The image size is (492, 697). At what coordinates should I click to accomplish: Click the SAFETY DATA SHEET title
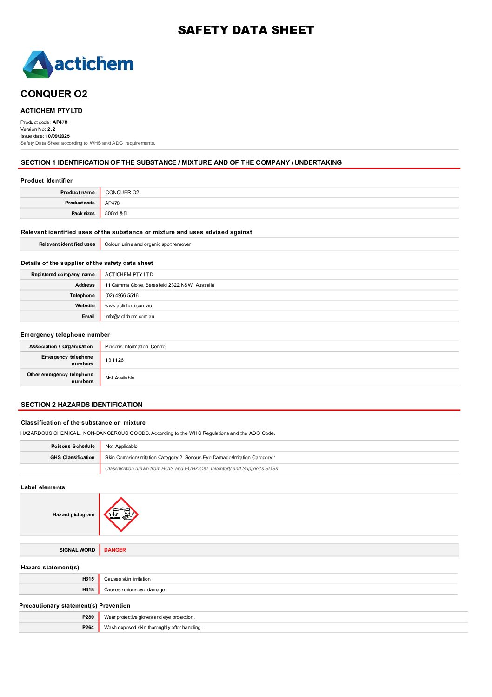[246, 30]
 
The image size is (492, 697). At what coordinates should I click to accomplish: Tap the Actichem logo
[78, 64]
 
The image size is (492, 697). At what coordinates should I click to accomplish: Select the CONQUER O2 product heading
[54, 94]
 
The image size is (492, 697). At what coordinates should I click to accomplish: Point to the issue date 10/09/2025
[57, 136]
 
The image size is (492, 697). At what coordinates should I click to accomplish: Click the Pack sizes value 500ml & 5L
[117, 214]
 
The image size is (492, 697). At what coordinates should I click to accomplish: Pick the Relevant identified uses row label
[67, 244]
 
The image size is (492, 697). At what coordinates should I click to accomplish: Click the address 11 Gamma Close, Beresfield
[160, 285]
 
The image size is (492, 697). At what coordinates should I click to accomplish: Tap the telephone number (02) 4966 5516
[122, 295]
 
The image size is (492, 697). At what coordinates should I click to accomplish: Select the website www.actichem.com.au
[128, 306]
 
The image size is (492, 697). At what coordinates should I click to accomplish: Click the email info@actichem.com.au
[130, 317]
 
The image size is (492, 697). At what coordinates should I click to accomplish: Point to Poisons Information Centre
[135, 347]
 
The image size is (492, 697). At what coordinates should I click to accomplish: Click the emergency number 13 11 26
[114, 360]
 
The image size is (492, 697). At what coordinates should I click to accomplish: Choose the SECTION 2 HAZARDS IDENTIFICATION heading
[82, 405]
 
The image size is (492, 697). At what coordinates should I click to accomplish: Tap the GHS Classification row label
[72, 458]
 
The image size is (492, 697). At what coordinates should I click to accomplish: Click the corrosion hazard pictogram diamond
[121, 514]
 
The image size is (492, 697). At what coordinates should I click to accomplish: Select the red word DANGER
[115, 550]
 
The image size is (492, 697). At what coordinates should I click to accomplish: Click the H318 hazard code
[88, 589]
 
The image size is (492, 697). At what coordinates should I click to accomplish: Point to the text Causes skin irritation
[127, 579]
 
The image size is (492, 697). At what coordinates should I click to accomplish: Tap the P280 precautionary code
[88, 617]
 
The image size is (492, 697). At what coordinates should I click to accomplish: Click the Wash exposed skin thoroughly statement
[153, 628]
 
